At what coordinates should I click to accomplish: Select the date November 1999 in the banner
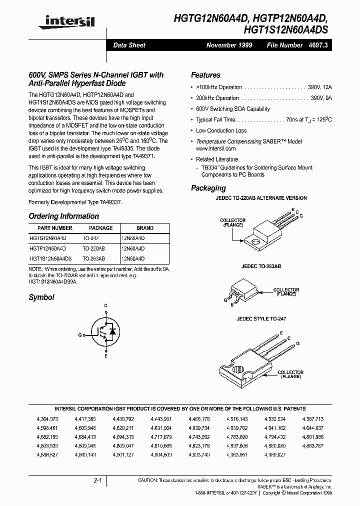(x=229, y=45)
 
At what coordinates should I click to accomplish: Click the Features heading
(x=205, y=75)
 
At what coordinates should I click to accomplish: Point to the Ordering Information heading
(x=63, y=216)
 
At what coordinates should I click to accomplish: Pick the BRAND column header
(x=145, y=228)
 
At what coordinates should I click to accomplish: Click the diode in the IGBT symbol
(x=112, y=330)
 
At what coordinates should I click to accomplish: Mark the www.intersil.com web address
(x=215, y=149)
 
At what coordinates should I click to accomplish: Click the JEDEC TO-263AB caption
(x=258, y=267)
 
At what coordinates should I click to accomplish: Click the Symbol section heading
(x=41, y=297)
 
